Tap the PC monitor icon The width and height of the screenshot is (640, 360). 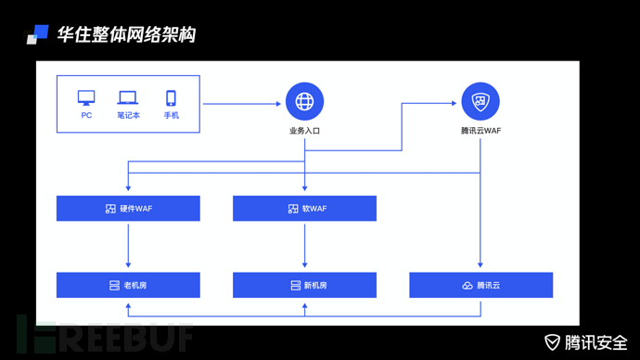point(86,97)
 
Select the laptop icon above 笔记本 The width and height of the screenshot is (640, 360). point(128,97)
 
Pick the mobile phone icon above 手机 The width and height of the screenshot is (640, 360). point(171,97)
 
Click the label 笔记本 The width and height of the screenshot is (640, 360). point(128,116)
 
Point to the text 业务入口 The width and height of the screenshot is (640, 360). point(304,132)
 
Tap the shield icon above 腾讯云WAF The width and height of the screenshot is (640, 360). point(480,101)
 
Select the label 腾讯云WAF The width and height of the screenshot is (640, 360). point(480,132)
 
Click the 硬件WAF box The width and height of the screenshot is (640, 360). point(128,209)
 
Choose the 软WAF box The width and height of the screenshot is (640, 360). point(304,209)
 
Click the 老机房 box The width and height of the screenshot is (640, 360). point(128,285)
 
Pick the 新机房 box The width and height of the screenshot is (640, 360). point(304,285)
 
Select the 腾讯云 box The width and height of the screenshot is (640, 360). point(480,285)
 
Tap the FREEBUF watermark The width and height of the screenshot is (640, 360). point(102,335)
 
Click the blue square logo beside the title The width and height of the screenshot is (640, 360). point(38,33)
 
